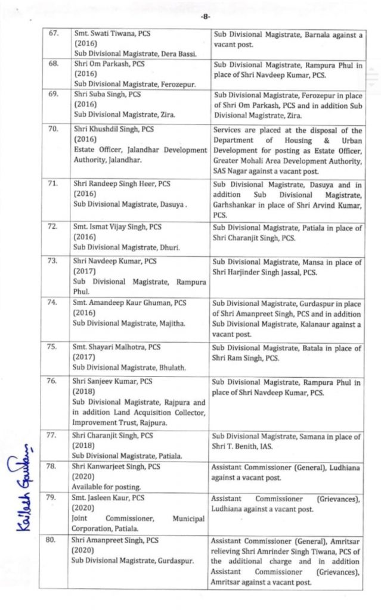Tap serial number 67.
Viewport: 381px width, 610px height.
click(x=54, y=34)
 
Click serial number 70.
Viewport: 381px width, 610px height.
click(x=54, y=129)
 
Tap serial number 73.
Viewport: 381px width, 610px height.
click(x=54, y=262)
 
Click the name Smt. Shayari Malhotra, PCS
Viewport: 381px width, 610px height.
click(x=117, y=347)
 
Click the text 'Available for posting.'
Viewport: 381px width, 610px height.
click(x=103, y=486)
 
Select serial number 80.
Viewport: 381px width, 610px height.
click(x=54, y=540)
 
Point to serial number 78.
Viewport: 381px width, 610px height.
click(x=54, y=466)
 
